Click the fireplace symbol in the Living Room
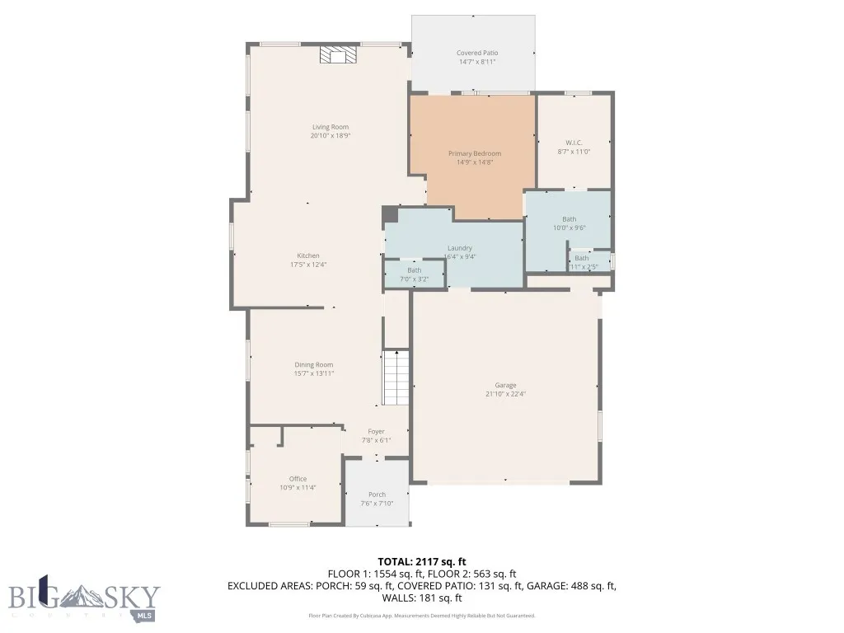(338, 55)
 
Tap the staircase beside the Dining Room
(396, 377)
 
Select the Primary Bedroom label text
(474, 153)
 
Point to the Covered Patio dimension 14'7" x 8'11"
(477, 62)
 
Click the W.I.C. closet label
(574, 143)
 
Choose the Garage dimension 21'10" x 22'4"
(505, 394)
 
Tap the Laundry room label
(459, 248)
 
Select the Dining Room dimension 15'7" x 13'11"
(313, 373)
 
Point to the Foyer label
(376, 431)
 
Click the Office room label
(298, 479)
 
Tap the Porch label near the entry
(377, 495)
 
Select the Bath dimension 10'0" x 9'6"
(569, 227)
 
